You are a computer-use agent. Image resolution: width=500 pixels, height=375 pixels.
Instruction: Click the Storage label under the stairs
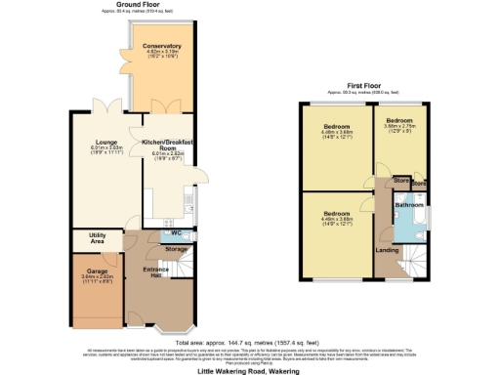pos(175,249)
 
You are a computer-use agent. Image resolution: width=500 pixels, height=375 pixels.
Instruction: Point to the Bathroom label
pos(407,206)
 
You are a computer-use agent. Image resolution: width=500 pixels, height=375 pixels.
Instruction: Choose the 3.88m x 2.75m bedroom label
pos(399,125)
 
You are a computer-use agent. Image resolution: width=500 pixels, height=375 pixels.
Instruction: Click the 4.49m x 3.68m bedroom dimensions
pos(338,219)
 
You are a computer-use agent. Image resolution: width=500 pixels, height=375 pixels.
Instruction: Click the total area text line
pos(249,342)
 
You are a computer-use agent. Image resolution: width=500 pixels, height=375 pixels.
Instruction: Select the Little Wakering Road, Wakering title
pos(249,371)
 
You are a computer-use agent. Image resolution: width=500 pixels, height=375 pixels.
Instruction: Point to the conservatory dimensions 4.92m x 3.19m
pos(162,54)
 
